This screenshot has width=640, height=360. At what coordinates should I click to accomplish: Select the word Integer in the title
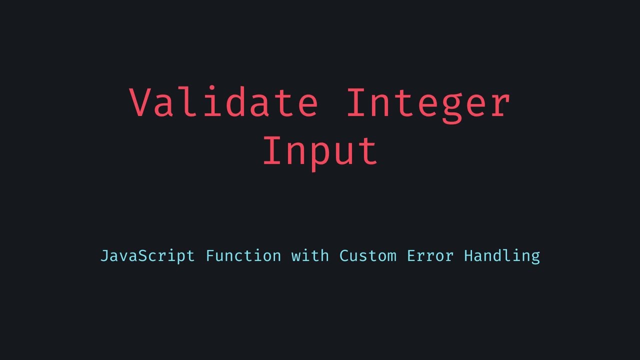click(428, 102)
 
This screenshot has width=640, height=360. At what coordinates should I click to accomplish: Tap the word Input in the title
click(320, 150)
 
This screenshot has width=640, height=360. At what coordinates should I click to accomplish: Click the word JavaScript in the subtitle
click(147, 256)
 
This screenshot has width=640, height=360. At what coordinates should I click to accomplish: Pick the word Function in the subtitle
click(243, 256)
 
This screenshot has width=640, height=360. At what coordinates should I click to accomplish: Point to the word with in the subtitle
click(310, 256)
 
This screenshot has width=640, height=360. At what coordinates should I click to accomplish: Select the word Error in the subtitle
click(430, 256)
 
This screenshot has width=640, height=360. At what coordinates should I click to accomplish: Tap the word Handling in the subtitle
click(502, 256)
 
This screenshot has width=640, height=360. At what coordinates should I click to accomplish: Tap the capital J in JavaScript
click(105, 256)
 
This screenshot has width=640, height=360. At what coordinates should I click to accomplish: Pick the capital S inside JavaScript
click(143, 256)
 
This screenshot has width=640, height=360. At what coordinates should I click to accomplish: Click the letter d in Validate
click(237, 102)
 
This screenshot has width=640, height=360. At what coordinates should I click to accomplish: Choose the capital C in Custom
click(344, 256)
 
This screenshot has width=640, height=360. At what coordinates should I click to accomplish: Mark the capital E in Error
click(411, 256)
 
